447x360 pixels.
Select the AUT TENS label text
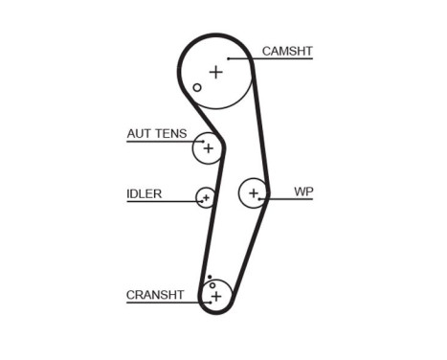(156, 134)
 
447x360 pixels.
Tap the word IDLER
(144, 193)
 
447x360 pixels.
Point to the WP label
(303, 191)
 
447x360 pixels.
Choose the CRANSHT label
(154, 295)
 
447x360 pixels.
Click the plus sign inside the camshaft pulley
(215, 72)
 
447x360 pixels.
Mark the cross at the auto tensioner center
(206, 147)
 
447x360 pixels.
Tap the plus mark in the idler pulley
(205, 198)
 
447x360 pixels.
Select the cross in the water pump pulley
(254, 194)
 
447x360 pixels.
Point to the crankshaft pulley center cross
(216, 297)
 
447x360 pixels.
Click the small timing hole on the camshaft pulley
(197, 88)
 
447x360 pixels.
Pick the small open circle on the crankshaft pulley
(212, 284)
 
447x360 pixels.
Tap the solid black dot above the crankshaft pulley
(208, 277)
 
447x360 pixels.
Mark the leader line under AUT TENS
(163, 142)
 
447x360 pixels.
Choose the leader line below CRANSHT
(163, 303)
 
